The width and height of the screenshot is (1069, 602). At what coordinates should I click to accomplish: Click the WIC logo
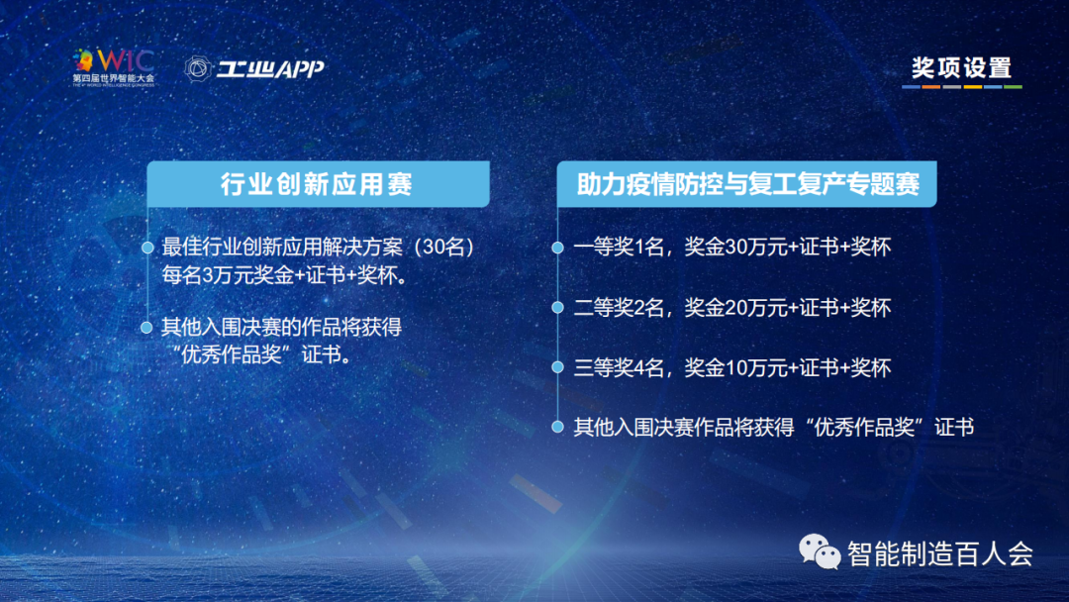coord(114,67)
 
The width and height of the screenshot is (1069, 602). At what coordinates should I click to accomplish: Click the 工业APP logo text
coord(270,69)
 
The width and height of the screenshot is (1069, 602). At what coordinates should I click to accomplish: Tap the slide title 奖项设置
coord(961,68)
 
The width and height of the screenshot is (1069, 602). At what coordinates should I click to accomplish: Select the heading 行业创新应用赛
coord(317,184)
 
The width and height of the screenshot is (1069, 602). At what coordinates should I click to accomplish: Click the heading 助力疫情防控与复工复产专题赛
coord(748,184)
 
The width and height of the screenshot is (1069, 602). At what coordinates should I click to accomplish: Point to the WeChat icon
coord(819,551)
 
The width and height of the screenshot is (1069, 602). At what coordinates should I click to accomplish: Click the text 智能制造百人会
coord(940,553)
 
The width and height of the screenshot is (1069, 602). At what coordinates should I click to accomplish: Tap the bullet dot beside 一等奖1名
coord(557,248)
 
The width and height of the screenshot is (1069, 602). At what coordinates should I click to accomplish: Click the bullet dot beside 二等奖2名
coord(557,308)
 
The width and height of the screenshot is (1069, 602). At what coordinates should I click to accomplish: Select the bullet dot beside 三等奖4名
coord(557,367)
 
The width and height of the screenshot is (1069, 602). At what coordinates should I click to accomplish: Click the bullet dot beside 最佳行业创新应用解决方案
coord(147,248)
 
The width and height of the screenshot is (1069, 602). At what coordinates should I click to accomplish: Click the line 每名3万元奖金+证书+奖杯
coord(285,275)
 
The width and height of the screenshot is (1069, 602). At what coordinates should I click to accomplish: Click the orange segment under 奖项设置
coord(931,87)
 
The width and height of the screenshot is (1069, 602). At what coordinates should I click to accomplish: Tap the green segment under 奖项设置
coord(1014,87)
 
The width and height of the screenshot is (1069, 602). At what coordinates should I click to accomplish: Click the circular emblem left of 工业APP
coord(198,69)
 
